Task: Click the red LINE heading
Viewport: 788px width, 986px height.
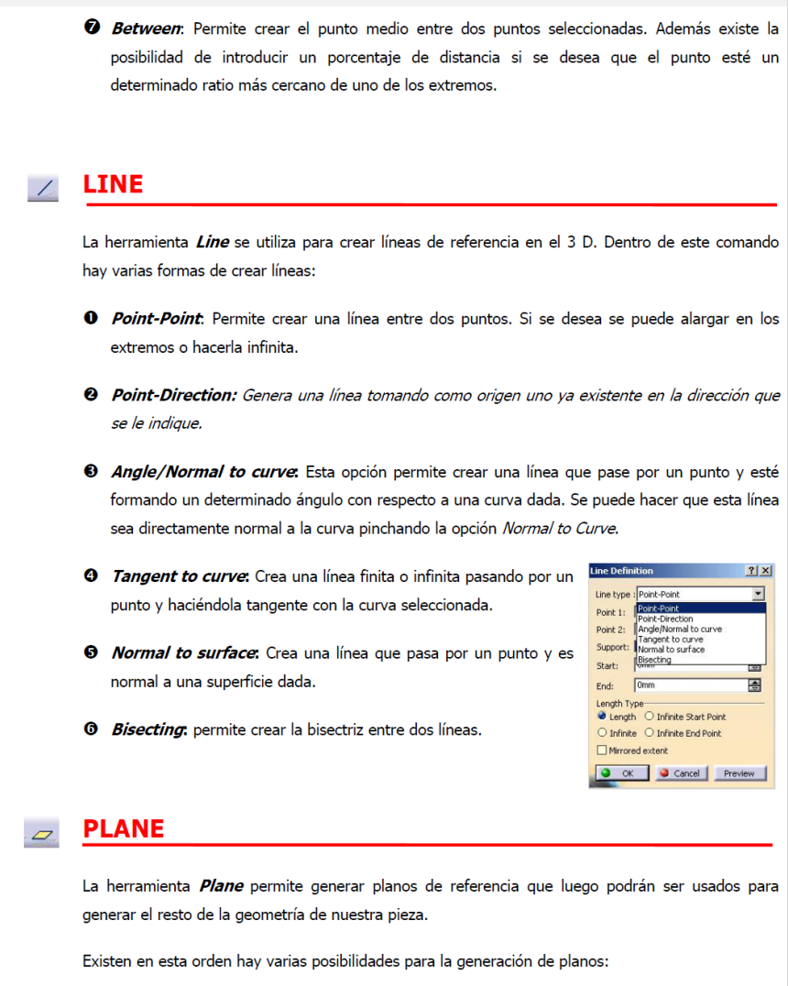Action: (113, 184)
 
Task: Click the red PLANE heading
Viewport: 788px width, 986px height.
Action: (123, 828)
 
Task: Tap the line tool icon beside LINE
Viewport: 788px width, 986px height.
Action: (43, 188)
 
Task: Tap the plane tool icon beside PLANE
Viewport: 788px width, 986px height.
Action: (43, 833)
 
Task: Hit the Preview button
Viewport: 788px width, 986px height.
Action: (739, 773)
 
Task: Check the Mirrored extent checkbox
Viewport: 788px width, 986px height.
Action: (602, 750)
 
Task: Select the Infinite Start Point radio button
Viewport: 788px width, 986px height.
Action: (650, 717)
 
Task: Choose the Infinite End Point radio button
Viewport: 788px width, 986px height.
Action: (650, 733)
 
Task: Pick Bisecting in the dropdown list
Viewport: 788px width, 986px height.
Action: (654, 660)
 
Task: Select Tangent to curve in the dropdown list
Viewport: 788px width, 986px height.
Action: (671, 640)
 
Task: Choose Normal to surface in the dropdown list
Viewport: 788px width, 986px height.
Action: (672, 650)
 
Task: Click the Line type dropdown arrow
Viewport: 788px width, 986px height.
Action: (759, 594)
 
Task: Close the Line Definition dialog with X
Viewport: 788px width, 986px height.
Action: (766, 571)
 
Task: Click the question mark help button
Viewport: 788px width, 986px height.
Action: (752, 571)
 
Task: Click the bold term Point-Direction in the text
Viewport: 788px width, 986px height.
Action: (172, 395)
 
